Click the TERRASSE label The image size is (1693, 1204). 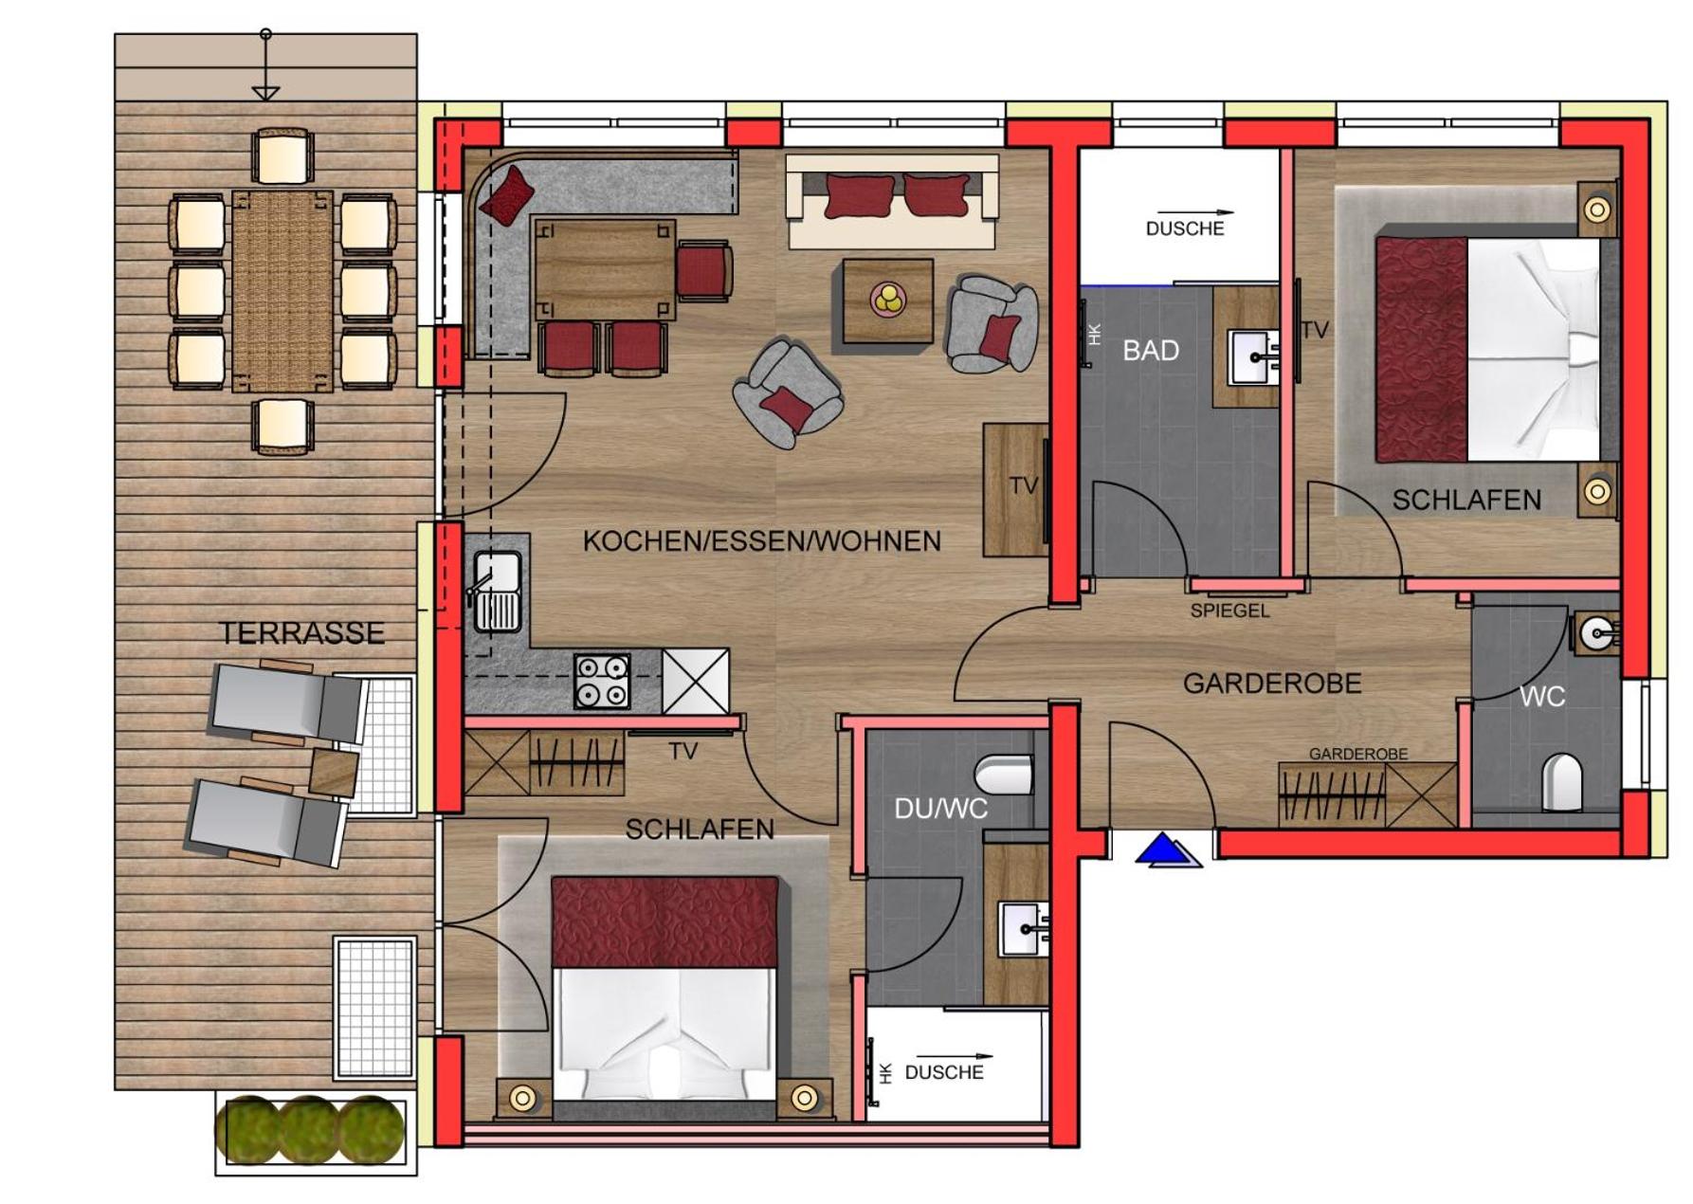[x=302, y=633]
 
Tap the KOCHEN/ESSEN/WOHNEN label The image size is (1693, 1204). [x=762, y=541]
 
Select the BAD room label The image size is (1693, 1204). [x=1151, y=351]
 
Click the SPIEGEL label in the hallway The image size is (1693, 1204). [x=1229, y=611]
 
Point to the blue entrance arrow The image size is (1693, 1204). [x=1168, y=850]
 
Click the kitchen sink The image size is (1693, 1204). [x=496, y=591]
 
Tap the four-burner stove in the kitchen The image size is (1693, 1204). [x=602, y=681]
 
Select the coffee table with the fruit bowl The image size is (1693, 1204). [x=888, y=301]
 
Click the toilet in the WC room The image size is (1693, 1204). [x=1561, y=782]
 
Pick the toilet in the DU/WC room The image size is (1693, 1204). [x=1008, y=775]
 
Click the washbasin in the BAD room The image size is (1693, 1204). [x=1253, y=357]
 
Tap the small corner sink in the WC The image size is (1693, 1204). [x=1598, y=631]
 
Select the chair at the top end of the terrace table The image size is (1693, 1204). [x=283, y=156]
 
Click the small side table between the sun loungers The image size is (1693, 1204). [x=335, y=772]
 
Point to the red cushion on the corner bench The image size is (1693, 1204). [x=507, y=195]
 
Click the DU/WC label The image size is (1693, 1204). [x=940, y=809]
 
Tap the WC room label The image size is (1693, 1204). [x=1542, y=697]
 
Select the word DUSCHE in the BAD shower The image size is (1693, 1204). [x=1185, y=228]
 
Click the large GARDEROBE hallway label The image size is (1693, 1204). [x=1272, y=684]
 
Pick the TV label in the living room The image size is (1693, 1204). [x=1024, y=486]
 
